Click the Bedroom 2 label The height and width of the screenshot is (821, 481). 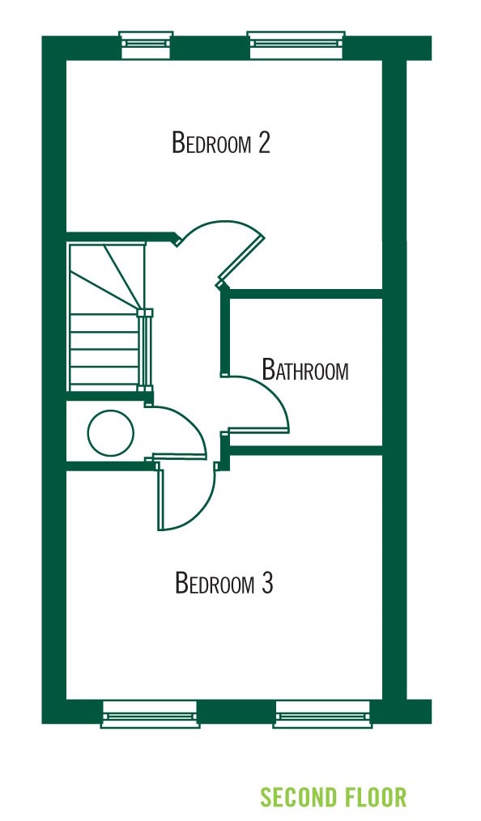tap(221, 143)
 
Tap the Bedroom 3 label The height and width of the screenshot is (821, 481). tap(224, 583)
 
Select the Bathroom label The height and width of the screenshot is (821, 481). tap(305, 370)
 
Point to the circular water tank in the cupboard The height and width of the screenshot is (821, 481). tap(110, 433)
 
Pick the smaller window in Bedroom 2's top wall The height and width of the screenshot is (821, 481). tap(146, 45)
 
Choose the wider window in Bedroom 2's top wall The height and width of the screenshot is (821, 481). tap(296, 45)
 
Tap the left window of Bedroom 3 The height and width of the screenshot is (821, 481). tap(151, 714)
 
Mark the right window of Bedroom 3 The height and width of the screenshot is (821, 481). tap(322, 714)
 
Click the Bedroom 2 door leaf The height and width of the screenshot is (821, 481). tap(240, 260)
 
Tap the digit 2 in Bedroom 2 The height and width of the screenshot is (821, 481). tap(264, 143)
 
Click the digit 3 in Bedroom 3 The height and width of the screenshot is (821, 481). tap(267, 583)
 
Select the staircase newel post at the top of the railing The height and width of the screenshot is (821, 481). tap(144, 313)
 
